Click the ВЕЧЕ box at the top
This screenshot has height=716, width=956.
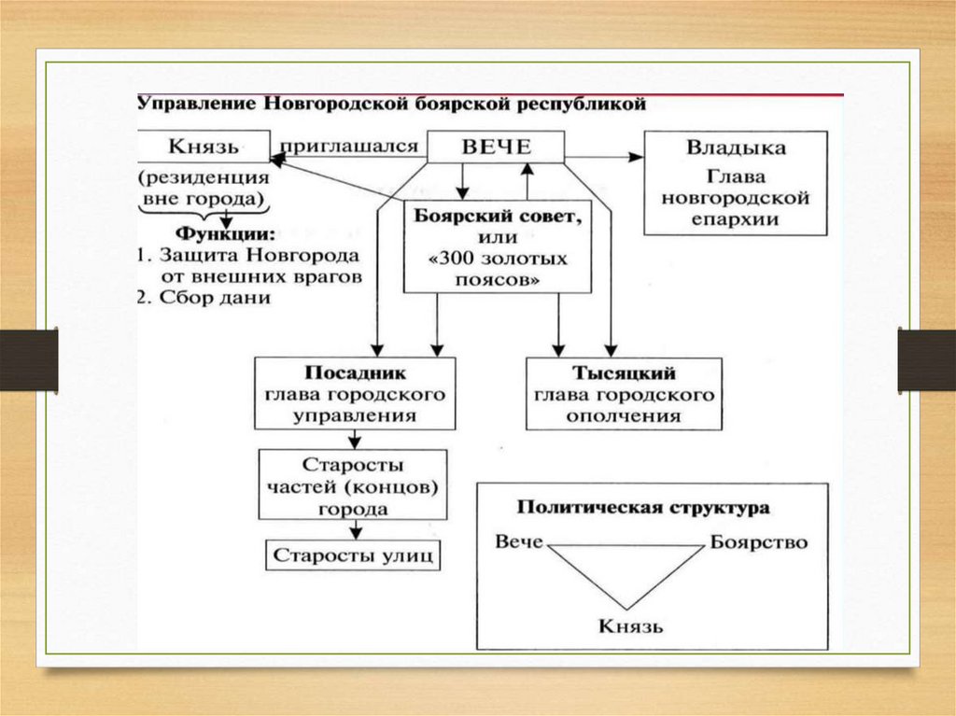tap(496, 147)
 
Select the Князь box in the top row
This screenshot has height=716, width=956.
tap(203, 147)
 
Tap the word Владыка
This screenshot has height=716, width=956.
tap(736, 148)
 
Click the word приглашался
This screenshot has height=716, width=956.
tap(349, 145)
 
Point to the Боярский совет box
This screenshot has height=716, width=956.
tap(498, 246)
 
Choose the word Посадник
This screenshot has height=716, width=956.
tap(353, 372)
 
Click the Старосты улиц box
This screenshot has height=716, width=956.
tap(354, 556)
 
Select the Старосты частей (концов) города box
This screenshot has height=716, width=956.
tap(353, 486)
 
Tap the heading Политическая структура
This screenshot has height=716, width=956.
tap(644, 508)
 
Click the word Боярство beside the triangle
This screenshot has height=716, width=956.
tap(758, 542)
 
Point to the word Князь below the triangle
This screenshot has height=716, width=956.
tap(631, 625)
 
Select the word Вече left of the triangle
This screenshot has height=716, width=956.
tap(519, 542)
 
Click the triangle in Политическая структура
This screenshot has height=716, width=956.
tap(626, 569)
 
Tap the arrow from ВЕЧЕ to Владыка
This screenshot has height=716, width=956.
tap(604, 158)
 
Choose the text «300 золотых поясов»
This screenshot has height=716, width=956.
tap(498, 268)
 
